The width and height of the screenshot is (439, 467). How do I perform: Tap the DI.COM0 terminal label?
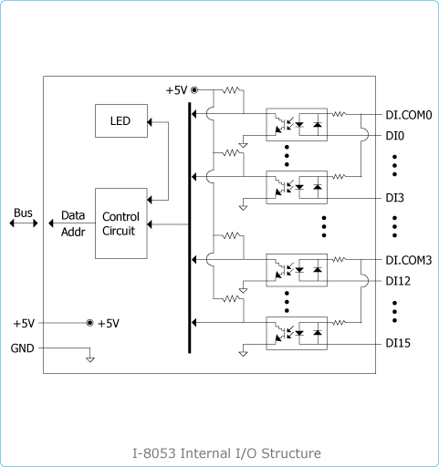pos(409,115)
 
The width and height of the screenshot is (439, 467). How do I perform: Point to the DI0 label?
pos(395,136)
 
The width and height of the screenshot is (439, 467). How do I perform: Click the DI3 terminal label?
pos(395,198)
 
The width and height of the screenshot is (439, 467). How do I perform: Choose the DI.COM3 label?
pos(409,260)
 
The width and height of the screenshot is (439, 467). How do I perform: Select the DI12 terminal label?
pos(398,281)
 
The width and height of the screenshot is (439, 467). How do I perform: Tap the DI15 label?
pos(398,343)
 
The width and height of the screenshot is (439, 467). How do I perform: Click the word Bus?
pos(23,213)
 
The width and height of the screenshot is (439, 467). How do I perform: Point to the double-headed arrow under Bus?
pos(24,223)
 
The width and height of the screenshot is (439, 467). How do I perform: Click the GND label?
pos(22,348)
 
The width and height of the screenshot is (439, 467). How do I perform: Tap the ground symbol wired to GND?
pos(90,359)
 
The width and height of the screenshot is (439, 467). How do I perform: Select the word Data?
pos(73,215)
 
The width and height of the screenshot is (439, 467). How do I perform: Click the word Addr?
pos(73,232)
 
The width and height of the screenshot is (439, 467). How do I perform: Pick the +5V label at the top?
pos(176,90)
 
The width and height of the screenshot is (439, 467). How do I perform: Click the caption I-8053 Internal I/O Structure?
pos(226,453)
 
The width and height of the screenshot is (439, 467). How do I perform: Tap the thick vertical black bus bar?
pos(190,228)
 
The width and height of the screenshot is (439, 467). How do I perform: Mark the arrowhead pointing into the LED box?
pos(150,122)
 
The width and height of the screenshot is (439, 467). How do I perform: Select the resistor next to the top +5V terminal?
pos(231,90)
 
